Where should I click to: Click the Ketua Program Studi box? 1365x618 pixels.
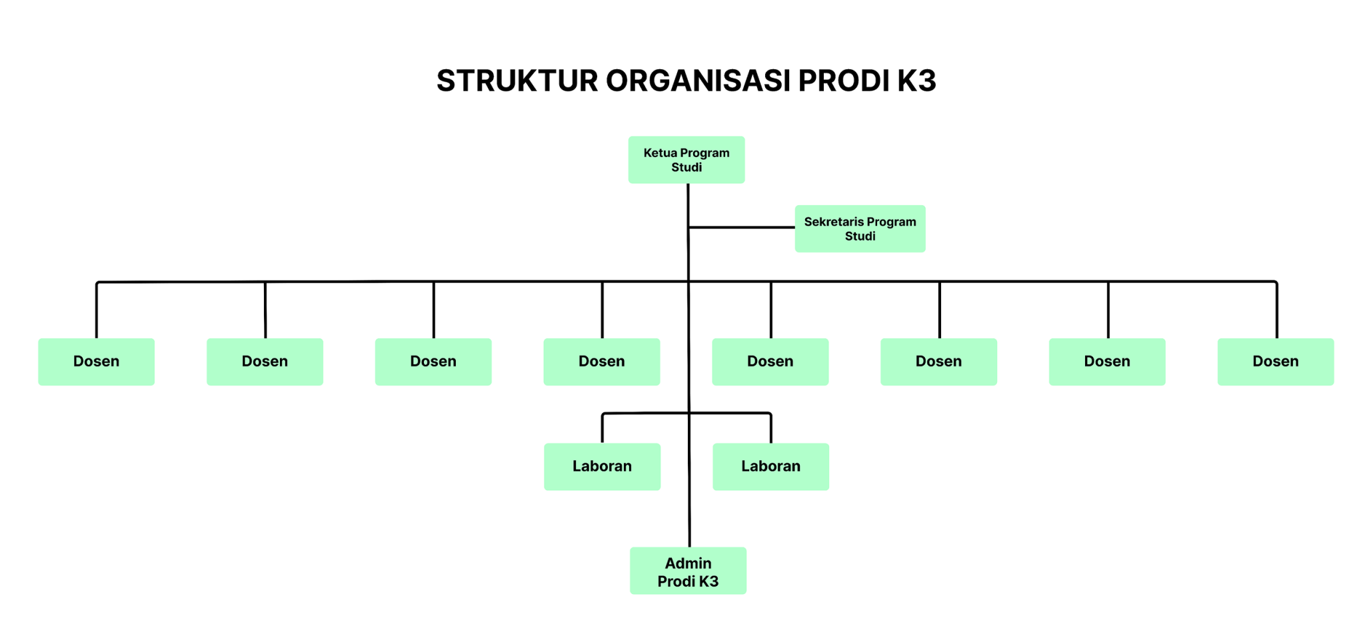686,160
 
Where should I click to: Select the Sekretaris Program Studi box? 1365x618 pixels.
860,228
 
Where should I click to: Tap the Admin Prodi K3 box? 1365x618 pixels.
688,571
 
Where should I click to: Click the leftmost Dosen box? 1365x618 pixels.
96,362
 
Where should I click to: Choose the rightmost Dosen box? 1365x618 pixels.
1275,362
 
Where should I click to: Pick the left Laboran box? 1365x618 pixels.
602,466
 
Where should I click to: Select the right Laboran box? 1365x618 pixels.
770,466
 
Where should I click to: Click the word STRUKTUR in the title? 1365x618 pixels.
517,81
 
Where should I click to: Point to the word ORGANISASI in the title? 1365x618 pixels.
698,81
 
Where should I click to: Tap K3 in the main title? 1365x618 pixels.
916,81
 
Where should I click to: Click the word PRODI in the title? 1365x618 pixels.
843,81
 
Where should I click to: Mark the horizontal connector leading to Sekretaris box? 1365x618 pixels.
741,227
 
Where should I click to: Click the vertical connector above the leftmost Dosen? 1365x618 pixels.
97,310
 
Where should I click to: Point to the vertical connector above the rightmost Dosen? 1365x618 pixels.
1276,310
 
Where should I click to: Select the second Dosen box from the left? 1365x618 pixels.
265,362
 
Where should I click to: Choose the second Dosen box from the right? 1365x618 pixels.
1107,362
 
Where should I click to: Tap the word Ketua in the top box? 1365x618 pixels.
660,153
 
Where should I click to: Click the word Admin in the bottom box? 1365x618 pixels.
688,563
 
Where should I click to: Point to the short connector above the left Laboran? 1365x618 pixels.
603,428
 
